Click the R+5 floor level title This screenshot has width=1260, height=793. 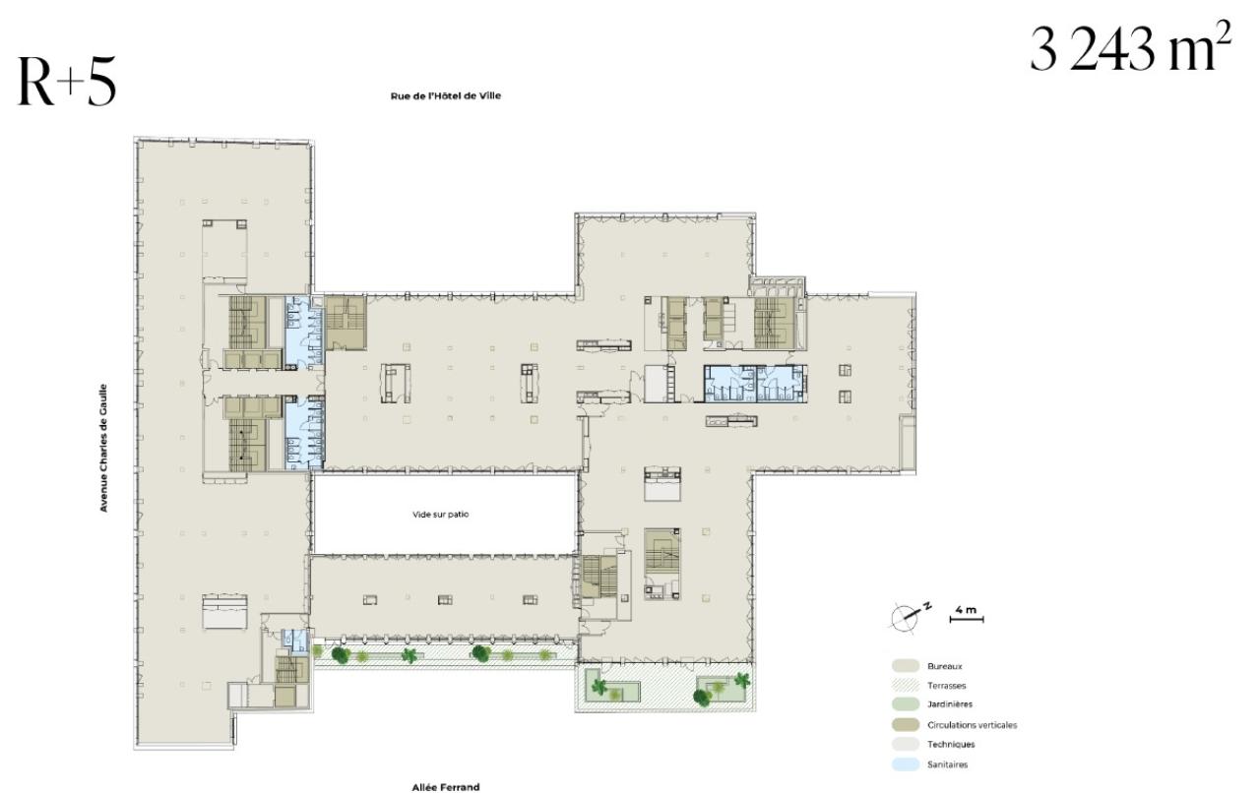point(66,84)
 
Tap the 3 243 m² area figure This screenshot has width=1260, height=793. point(1130,51)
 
